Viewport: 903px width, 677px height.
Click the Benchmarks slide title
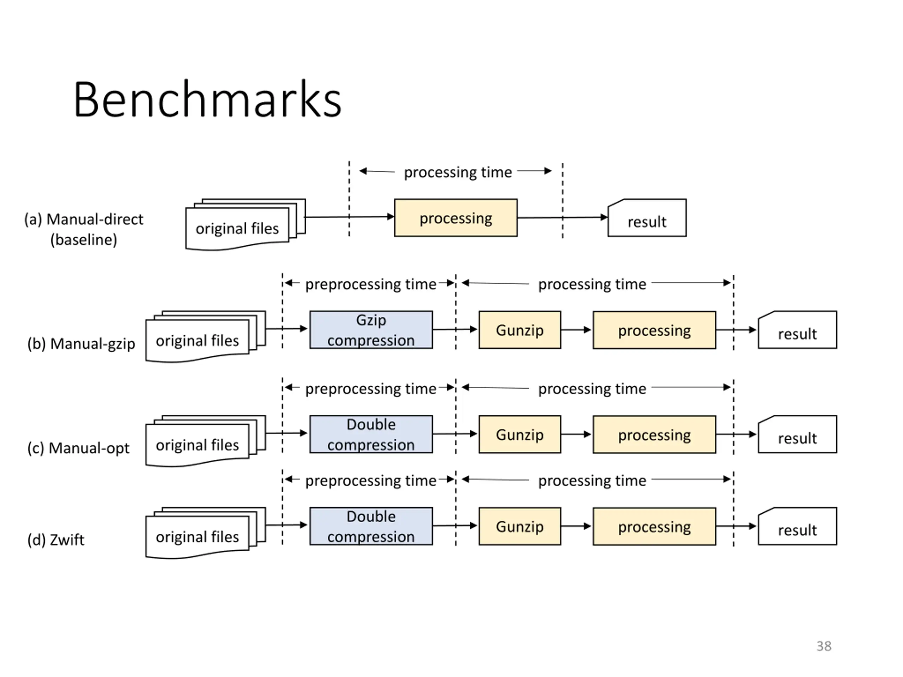tap(207, 99)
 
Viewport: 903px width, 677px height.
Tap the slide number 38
tap(824, 646)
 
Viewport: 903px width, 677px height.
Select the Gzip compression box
tap(371, 330)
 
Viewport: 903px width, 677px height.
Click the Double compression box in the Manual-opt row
tap(371, 434)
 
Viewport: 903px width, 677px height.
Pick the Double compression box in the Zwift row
tap(371, 526)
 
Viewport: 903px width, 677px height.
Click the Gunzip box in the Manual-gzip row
tap(520, 330)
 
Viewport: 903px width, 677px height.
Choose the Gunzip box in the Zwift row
tap(520, 526)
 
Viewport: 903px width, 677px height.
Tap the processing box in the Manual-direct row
tap(456, 218)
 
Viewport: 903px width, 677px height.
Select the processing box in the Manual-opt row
tap(654, 434)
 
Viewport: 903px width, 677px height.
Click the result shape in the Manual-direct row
tap(647, 218)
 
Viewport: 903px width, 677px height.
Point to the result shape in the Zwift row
tap(797, 526)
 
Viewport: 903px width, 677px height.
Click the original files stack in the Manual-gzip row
tap(206, 337)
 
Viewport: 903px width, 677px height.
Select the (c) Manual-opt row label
tap(78, 448)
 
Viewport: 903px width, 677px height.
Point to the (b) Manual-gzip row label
tap(81, 343)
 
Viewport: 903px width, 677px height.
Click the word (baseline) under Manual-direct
tap(84, 239)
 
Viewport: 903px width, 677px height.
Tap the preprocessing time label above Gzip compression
tap(371, 284)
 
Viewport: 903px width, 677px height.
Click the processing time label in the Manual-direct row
tap(457, 172)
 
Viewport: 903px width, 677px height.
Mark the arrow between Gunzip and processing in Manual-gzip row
tap(576, 330)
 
